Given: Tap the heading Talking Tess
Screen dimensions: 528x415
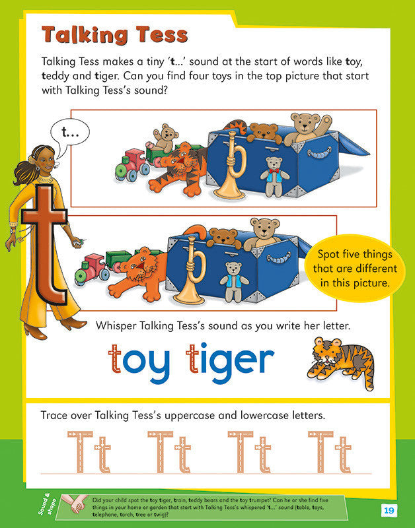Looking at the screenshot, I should [x=115, y=34].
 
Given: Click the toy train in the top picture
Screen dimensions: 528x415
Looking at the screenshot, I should [x=131, y=165].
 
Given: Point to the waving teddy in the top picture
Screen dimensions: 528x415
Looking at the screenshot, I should [x=310, y=127].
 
